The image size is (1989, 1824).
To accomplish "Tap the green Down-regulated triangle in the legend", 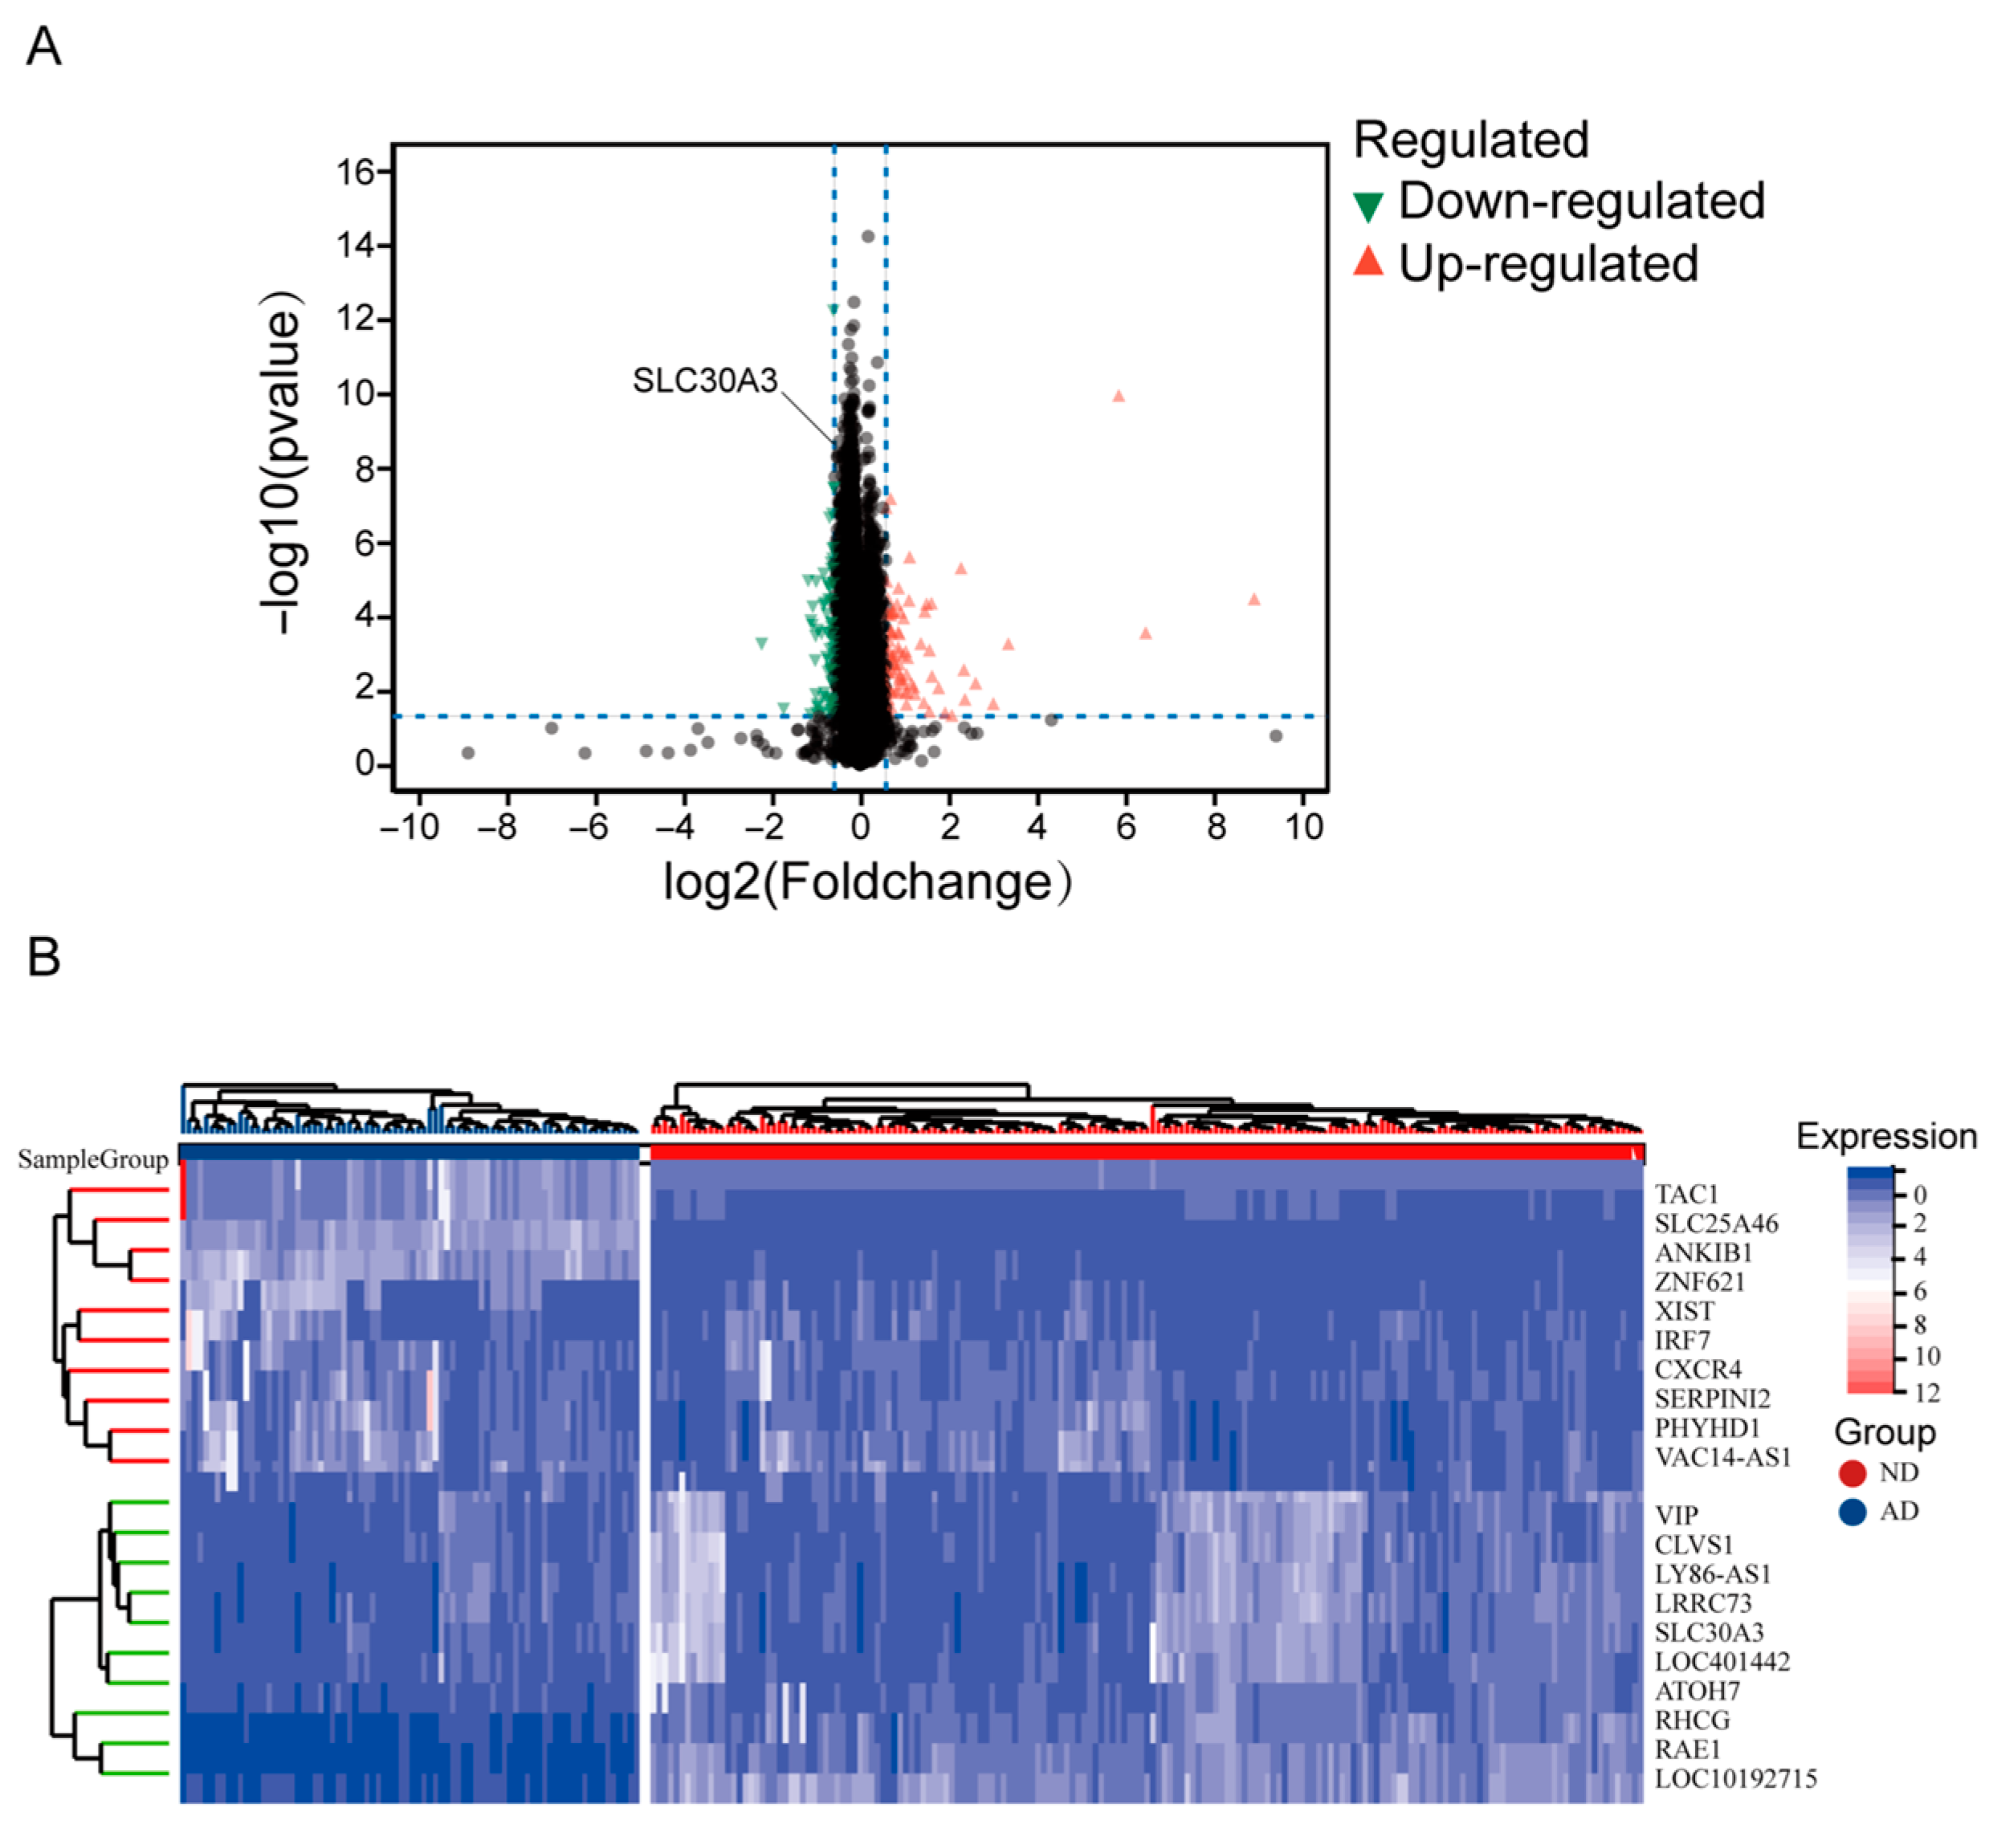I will (1368, 206).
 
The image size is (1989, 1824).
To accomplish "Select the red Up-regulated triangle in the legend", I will (1368, 262).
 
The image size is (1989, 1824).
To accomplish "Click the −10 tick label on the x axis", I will (410, 826).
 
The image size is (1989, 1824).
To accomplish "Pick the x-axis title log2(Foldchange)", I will (866, 881).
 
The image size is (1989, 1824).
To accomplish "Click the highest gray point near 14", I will (868, 236).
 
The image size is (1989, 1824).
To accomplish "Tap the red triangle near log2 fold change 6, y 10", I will (1119, 396).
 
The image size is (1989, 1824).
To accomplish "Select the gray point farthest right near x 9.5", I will (1275, 735).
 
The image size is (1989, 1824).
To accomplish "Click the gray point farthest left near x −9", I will (468, 752).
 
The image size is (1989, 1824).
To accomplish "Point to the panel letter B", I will (43, 958).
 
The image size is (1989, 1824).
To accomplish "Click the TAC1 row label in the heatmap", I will (1686, 1195).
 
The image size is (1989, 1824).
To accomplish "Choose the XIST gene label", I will (1684, 1311).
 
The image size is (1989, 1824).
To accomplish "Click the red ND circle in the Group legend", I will (1852, 1472).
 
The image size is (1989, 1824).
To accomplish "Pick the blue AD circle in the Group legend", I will (1852, 1512).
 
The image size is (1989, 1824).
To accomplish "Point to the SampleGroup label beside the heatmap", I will (93, 1160).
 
